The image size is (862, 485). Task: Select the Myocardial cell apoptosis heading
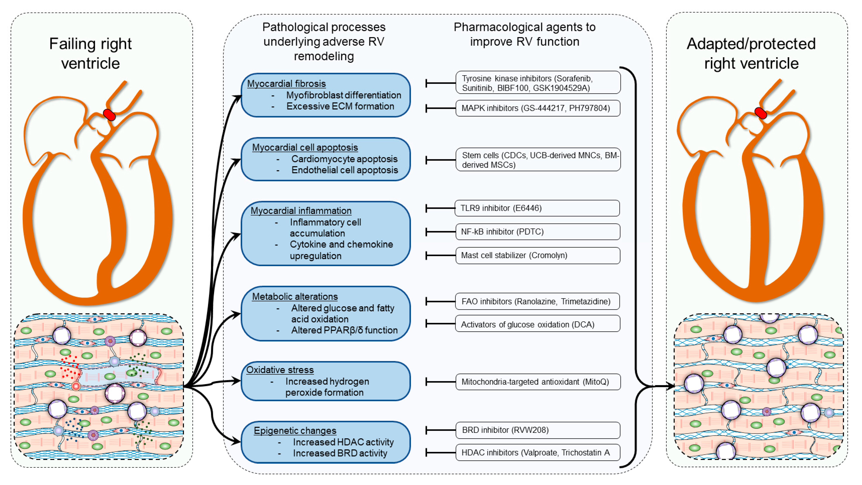(305, 147)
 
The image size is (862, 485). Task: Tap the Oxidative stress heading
(280, 370)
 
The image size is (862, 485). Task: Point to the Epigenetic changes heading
(295, 431)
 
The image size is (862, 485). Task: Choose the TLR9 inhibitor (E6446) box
(537, 208)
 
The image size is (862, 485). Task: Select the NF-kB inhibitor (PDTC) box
(537, 232)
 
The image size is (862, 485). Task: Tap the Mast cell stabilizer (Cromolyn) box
(537, 255)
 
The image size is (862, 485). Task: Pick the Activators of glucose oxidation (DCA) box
(537, 324)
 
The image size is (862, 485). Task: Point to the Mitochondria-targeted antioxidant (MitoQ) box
(537, 382)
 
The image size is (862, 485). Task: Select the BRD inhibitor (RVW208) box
(537, 430)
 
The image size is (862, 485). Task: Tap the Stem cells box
(537, 160)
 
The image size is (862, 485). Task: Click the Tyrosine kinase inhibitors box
(537, 83)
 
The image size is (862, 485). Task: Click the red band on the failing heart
(109, 115)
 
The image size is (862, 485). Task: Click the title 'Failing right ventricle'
(90, 53)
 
